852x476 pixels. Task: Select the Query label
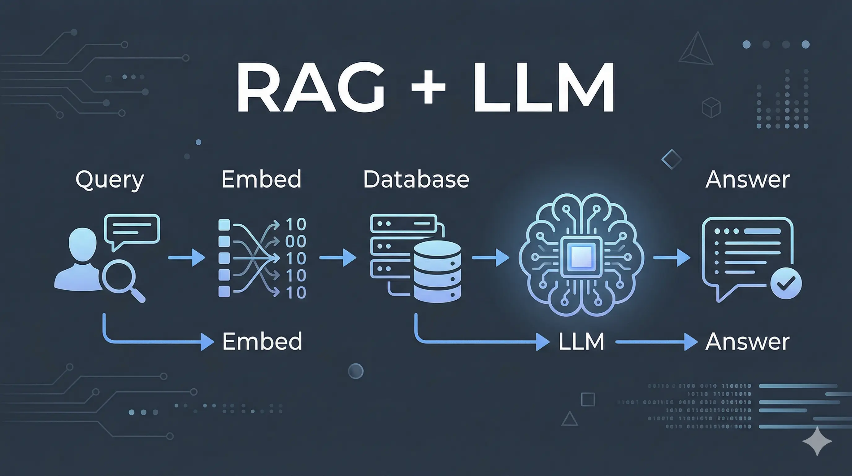pyautogui.click(x=110, y=180)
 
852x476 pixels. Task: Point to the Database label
pyautogui.click(x=416, y=179)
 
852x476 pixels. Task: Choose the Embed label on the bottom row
pyautogui.click(x=262, y=341)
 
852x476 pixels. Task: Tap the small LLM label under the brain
pyautogui.click(x=581, y=342)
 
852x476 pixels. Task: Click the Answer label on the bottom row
pyautogui.click(x=747, y=341)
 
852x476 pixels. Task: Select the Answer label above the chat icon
pyautogui.click(x=747, y=179)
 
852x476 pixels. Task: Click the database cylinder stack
pyautogui.click(x=437, y=271)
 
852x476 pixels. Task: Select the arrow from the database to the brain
pyautogui.click(x=490, y=257)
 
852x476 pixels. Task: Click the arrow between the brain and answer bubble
pyautogui.click(x=672, y=257)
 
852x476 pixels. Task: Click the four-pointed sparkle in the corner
pyautogui.click(x=817, y=441)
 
